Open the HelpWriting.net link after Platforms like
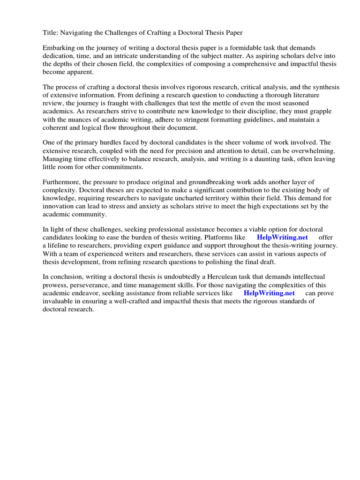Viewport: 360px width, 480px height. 282,238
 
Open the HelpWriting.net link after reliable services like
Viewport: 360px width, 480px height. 269,293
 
